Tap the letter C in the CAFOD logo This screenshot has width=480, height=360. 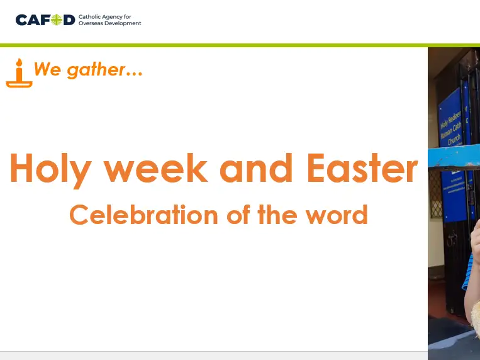click(21, 20)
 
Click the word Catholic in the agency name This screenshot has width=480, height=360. click(89, 16)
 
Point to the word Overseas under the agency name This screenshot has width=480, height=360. click(91, 23)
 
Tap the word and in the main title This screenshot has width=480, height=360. click(256, 169)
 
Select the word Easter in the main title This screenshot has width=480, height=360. click(362, 169)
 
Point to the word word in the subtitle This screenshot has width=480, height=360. click(336, 215)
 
